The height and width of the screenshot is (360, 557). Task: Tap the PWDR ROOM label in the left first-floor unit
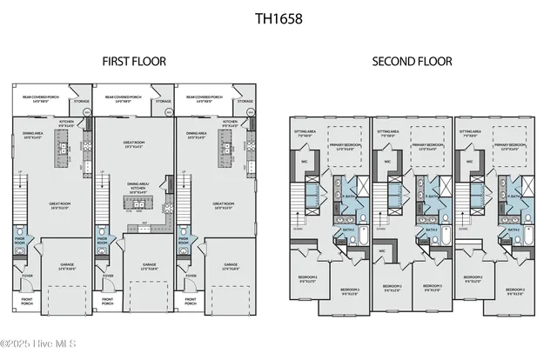click(20, 240)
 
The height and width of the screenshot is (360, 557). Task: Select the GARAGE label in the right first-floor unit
click(231, 266)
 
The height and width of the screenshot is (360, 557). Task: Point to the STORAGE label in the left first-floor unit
click(80, 102)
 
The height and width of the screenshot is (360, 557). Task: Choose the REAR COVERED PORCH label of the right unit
click(207, 98)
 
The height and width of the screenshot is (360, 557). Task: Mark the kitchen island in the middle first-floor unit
click(138, 203)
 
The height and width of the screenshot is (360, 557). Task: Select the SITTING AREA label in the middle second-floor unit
click(388, 135)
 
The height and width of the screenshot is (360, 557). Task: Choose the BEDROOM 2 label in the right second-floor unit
click(475, 280)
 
